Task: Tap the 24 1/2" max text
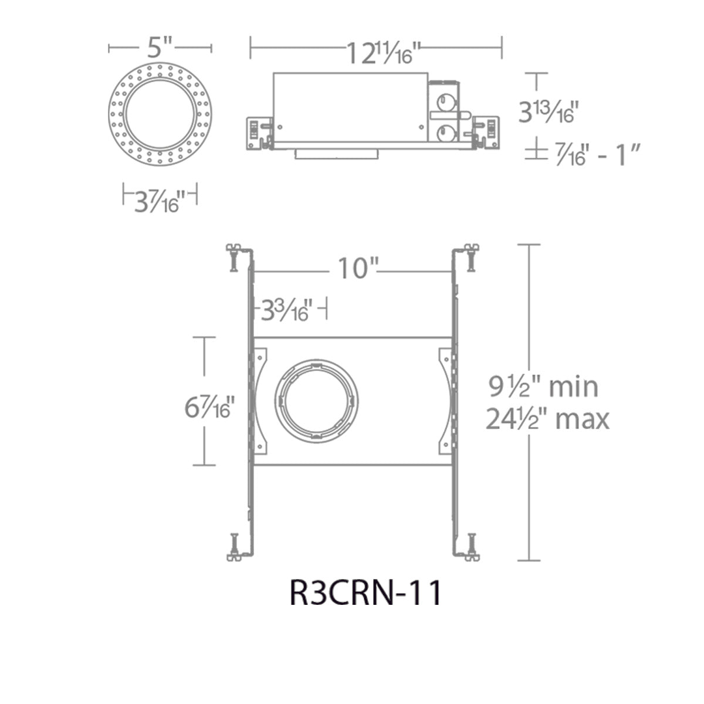547,418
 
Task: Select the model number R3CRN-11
365,593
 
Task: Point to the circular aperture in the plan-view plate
317,401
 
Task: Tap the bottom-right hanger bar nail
471,547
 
